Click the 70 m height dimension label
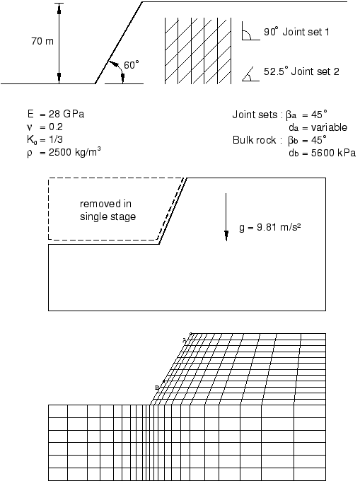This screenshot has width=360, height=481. pyautogui.click(x=42, y=42)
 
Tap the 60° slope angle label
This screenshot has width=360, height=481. pyautogui.click(x=132, y=64)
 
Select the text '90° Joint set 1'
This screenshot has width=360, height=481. pyautogui.click(x=296, y=33)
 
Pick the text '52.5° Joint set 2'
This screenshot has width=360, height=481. pyautogui.click(x=301, y=71)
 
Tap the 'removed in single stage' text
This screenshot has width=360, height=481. pyautogui.click(x=108, y=211)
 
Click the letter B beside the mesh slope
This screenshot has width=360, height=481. pyautogui.click(x=158, y=387)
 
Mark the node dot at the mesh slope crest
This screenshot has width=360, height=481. pyautogui.click(x=190, y=332)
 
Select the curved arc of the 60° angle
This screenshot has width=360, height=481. pyautogui.click(x=113, y=68)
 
